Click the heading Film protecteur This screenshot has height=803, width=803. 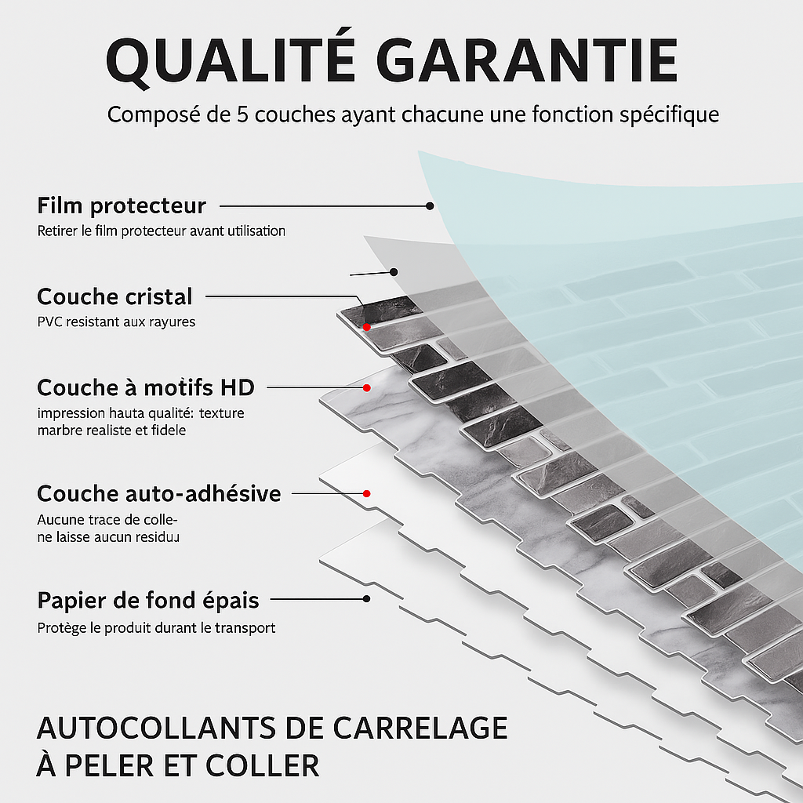tap(121, 206)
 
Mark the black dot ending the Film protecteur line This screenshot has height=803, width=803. tap(430, 205)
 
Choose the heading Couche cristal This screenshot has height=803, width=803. tap(114, 297)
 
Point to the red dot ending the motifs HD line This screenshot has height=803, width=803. tap(367, 387)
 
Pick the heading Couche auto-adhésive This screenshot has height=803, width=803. tap(158, 494)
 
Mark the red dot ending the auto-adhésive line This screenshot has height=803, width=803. tap(367, 493)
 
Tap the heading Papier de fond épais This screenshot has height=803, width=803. tap(147, 601)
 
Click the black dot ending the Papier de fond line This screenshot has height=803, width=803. tap(367, 599)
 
